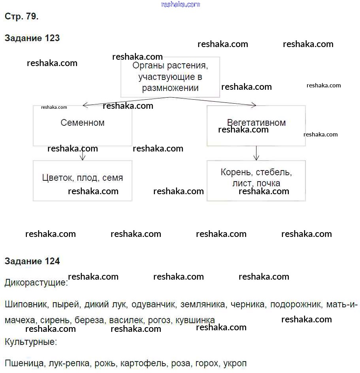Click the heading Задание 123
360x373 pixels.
pos(32,38)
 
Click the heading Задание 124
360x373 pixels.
pos(32,261)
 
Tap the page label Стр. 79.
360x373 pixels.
pos(21,17)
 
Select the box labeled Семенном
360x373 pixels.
pos(83,125)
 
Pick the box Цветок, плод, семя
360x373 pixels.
pos(83,180)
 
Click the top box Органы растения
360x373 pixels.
pos(170,77)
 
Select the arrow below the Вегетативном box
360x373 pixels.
pos(256,153)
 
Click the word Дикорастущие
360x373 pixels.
pos(36,283)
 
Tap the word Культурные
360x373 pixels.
pos(31,342)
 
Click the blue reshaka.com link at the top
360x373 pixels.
pos(181,4)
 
